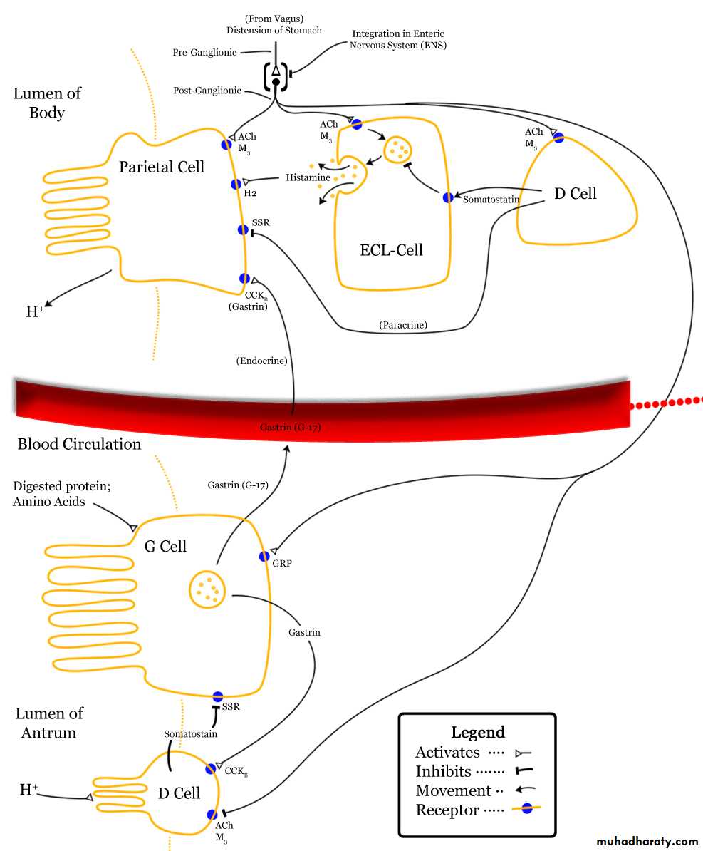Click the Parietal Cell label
[162, 167]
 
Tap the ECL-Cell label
[391, 249]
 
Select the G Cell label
[165, 546]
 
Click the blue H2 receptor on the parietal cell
[236, 184]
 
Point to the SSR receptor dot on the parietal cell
[243, 229]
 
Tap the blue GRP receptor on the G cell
[264, 557]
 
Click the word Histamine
[308, 177]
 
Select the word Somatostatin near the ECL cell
[491, 199]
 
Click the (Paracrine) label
[403, 325]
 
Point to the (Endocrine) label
[262, 361]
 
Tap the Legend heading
[478, 732]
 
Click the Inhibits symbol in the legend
[524, 770]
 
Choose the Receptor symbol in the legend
[526, 809]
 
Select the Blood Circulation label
[79, 444]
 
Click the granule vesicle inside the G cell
[207, 589]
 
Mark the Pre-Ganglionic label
[204, 52]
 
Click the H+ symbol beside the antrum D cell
[28, 789]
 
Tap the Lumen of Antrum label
[49, 723]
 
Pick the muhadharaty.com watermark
[647, 841]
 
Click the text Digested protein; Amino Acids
[61, 493]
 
